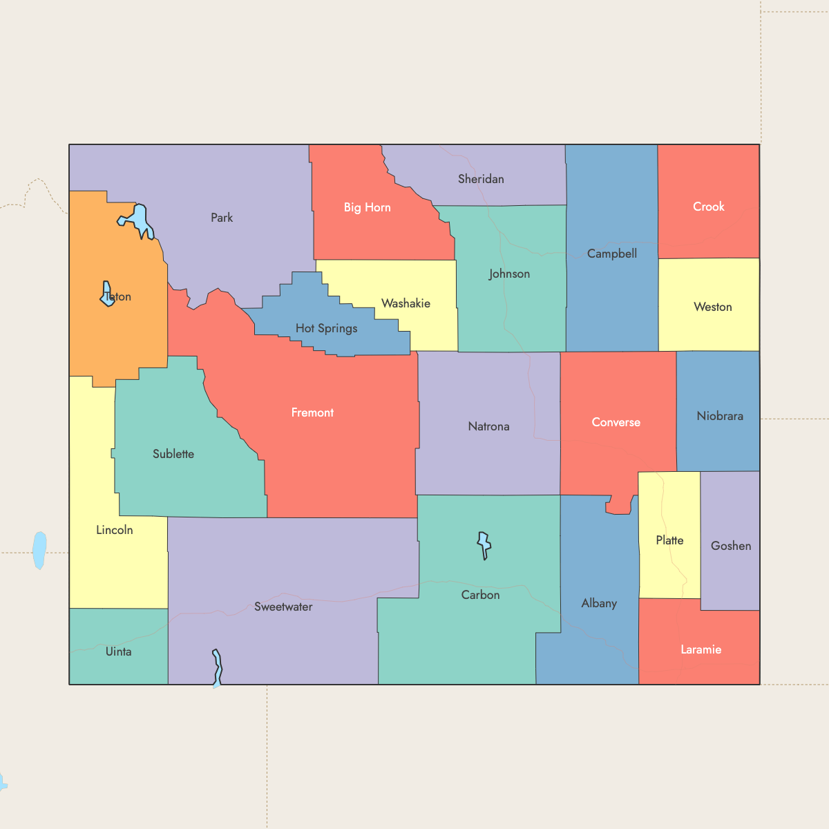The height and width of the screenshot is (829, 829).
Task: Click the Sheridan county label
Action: [481, 179]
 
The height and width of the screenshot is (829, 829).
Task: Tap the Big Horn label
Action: [367, 207]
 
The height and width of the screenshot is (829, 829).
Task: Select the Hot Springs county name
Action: [326, 328]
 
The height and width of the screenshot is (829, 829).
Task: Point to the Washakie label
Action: [406, 303]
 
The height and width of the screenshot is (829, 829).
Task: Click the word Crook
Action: [708, 207]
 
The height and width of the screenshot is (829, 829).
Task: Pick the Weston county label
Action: [712, 307]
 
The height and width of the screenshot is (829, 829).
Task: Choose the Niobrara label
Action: [720, 416]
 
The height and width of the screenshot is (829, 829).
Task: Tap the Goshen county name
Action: [730, 546]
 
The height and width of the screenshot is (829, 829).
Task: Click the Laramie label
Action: [701, 649]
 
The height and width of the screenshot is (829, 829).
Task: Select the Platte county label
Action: [669, 540]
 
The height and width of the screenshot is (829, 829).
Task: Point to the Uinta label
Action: [118, 651]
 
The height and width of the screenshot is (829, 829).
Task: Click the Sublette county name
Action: [173, 454]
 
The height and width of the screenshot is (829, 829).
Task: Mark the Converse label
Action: [616, 422]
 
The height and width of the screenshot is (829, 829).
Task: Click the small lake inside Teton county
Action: [107, 294]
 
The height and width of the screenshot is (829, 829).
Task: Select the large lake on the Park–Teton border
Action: [140, 220]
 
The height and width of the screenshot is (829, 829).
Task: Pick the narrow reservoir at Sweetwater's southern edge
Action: [218, 667]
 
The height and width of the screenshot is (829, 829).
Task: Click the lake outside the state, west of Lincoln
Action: [39, 550]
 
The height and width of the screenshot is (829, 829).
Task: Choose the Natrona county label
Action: [488, 426]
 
